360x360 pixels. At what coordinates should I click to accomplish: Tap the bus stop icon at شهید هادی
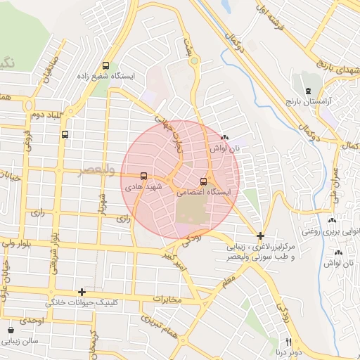[x=144, y=176]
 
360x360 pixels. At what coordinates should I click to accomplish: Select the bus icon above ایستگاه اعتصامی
[x=204, y=180]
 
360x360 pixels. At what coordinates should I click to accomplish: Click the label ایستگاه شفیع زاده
[x=117, y=76]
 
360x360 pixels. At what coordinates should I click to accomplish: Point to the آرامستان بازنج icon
[x=307, y=91]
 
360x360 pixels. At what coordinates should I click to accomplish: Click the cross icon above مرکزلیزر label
[x=261, y=236]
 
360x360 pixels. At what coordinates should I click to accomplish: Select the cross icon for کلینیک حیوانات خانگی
[x=82, y=291]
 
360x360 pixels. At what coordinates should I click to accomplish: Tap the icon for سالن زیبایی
[x=11, y=330]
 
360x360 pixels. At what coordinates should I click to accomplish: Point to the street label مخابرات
[x=167, y=300]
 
